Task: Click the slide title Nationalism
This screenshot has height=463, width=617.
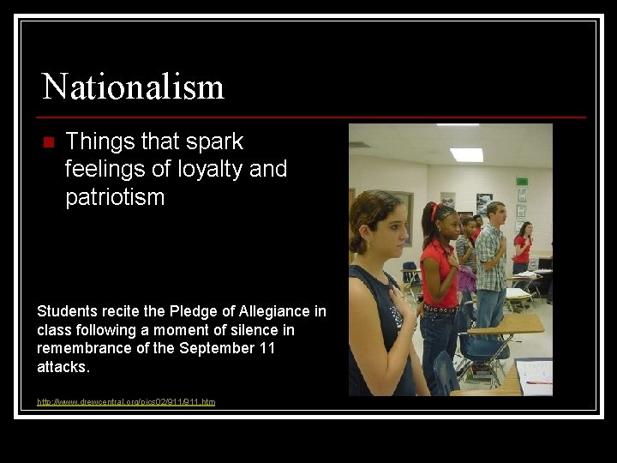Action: (133, 87)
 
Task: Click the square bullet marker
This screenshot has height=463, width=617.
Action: (47, 141)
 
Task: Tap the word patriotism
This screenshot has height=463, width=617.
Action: (114, 197)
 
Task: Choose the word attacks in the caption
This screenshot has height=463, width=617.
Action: (63, 367)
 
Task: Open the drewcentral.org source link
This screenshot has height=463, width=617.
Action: (126, 401)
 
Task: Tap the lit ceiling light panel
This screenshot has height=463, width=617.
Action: (466, 154)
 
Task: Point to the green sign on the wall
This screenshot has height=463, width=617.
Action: (522, 182)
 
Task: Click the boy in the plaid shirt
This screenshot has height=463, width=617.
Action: (491, 257)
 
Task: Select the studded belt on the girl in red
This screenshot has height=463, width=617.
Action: (439, 308)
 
